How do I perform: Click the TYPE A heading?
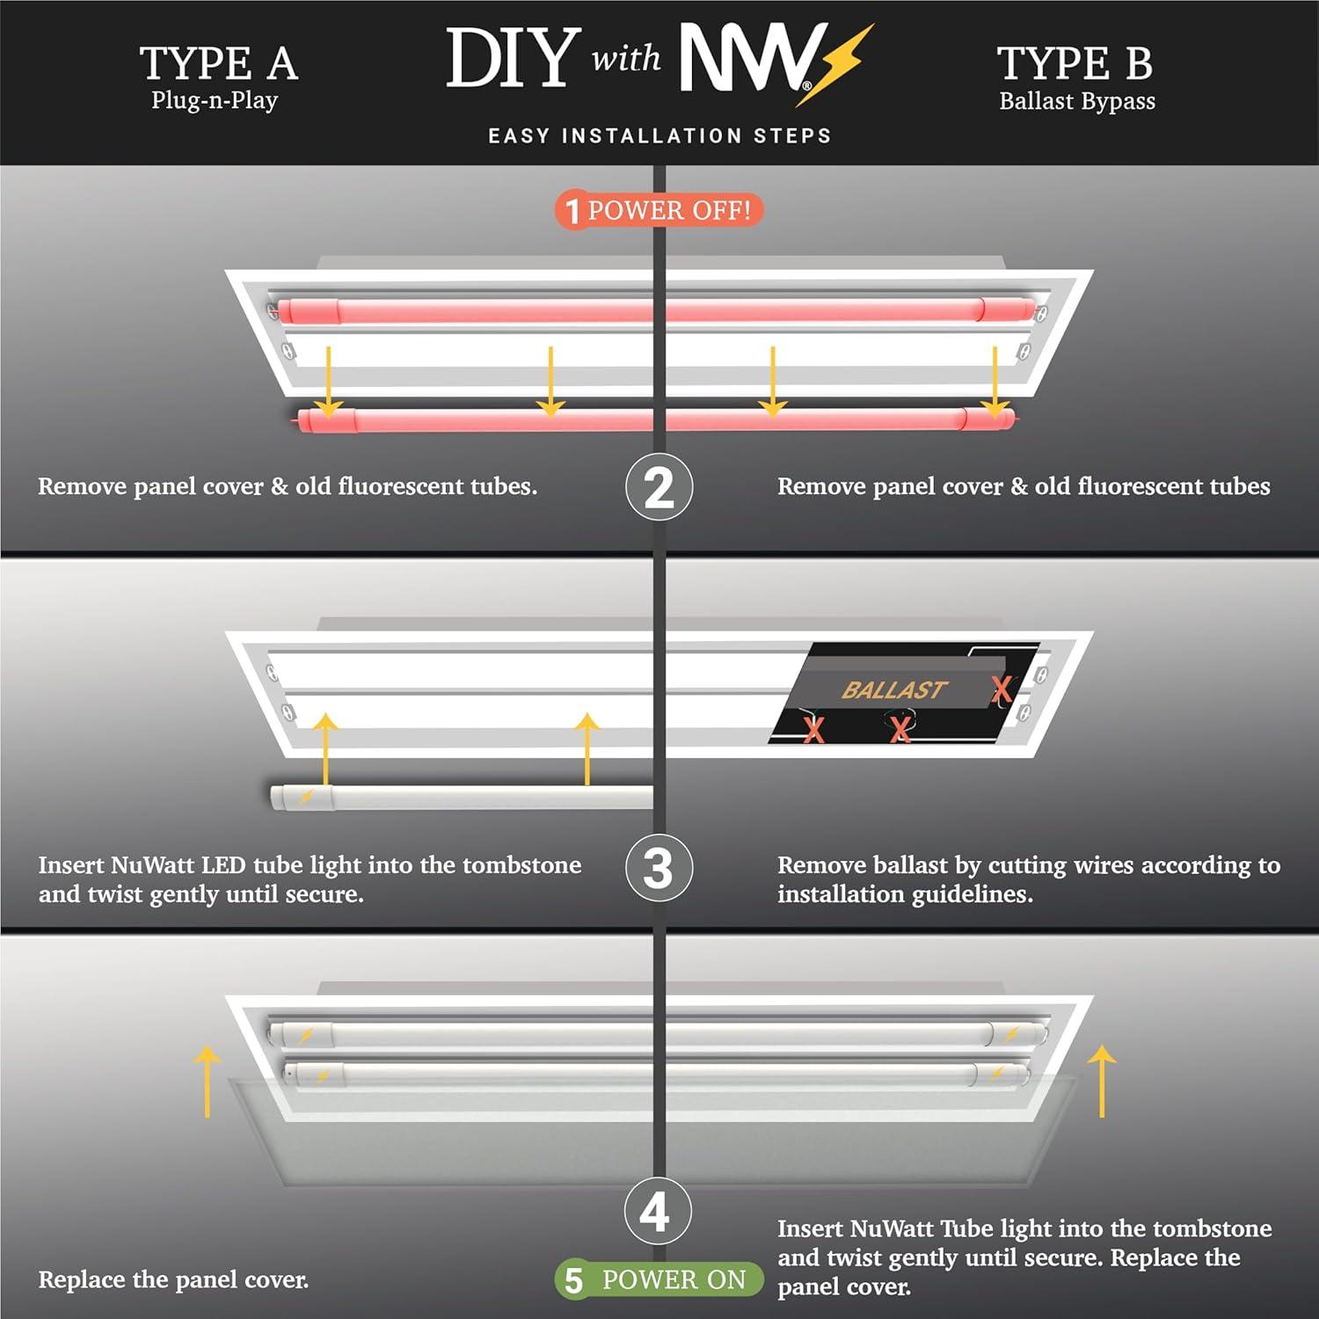[218, 63]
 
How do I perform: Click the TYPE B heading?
[1075, 63]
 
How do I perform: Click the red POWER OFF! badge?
[659, 211]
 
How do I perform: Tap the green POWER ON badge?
[659, 1279]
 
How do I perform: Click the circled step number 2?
[659, 487]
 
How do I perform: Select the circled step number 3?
[659, 868]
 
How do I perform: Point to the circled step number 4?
[657, 1212]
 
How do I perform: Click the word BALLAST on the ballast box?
[893, 690]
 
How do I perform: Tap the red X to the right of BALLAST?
[1002, 689]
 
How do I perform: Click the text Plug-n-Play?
[215, 100]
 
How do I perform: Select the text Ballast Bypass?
[1076, 101]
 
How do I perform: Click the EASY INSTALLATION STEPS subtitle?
[659, 136]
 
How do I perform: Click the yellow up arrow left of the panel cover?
[207, 1082]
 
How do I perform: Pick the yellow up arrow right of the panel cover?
[1102, 1082]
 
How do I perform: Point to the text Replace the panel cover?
[173, 1279]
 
